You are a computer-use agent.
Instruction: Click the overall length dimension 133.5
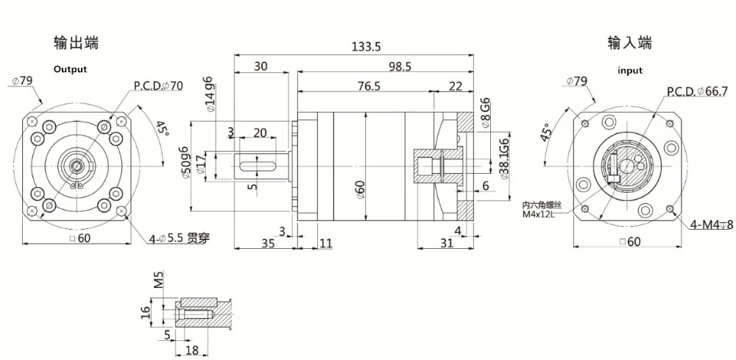pos(367,46)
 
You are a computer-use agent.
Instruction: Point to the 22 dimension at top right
pos(455,86)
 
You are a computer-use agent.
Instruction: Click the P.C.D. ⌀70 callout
pos(158,85)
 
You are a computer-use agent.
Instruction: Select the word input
pos(630,71)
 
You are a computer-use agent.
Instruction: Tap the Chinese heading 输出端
pos(76,43)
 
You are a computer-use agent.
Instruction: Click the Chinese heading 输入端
pos(630,43)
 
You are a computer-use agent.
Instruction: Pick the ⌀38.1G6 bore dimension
pos(504,155)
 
